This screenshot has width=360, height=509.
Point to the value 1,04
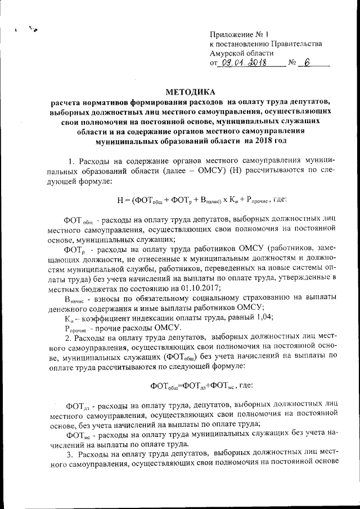click(x=263, y=317)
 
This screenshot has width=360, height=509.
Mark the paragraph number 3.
click(x=69, y=454)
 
